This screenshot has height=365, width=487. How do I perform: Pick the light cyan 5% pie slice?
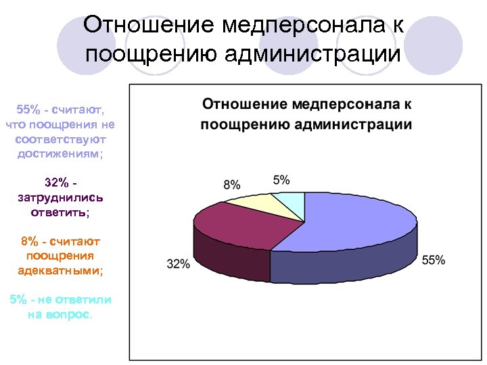pyautogui.click(x=292, y=201)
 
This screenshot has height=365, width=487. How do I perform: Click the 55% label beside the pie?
pyautogui.click(x=433, y=260)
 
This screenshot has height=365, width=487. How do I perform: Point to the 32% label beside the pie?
pyautogui.click(x=178, y=264)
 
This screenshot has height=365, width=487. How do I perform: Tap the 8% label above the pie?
pyautogui.click(x=232, y=185)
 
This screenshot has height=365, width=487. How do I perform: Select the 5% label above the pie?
pyautogui.click(x=281, y=179)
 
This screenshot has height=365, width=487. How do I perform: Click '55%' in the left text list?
pyautogui.click(x=28, y=109)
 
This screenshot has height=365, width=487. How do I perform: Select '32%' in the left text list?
pyautogui.click(x=56, y=182)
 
